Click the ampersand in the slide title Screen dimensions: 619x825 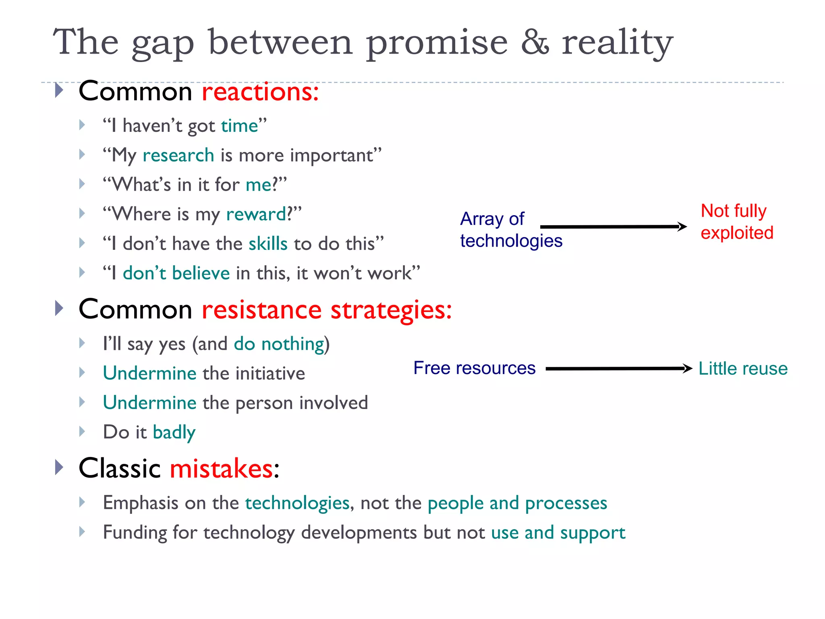pyautogui.click(x=535, y=42)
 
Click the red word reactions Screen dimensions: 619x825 pyautogui.click(x=260, y=92)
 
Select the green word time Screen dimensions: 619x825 pyautogui.click(x=240, y=126)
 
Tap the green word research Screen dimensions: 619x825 pyautogui.click(x=178, y=156)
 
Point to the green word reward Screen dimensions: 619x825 pyautogui.click(x=257, y=214)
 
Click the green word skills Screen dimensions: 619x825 pyautogui.click(x=268, y=244)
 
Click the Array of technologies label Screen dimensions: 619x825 pyautogui.click(x=510, y=230)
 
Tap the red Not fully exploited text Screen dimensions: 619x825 pyautogui.click(x=736, y=222)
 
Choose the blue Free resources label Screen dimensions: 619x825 pyautogui.click(x=474, y=368)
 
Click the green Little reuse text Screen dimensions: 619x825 pyautogui.click(x=743, y=368)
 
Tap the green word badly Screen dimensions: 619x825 pyautogui.click(x=174, y=432)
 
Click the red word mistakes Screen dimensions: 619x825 pyautogui.click(x=222, y=469)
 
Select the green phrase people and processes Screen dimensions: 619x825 pyautogui.click(x=517, y=503)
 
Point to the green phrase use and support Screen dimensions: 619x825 pyautogui.click(x=558, y=533)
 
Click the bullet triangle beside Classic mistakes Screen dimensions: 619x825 pyautogui.click(x=59, y=467)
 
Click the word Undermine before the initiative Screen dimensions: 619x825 pyautogui.click(x=149, y=373)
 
